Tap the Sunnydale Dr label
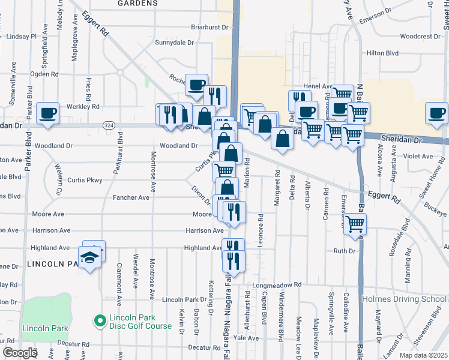tap(175, 43)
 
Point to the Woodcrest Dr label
tap(420, 36)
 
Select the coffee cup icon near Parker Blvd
tap(47, 113)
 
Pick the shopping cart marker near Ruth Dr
tap(355, 224)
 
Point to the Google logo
tap(20, 353)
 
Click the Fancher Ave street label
tap(131, 197)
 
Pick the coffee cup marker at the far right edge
tap(436, 113)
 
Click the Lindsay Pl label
tap(21, 37)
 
